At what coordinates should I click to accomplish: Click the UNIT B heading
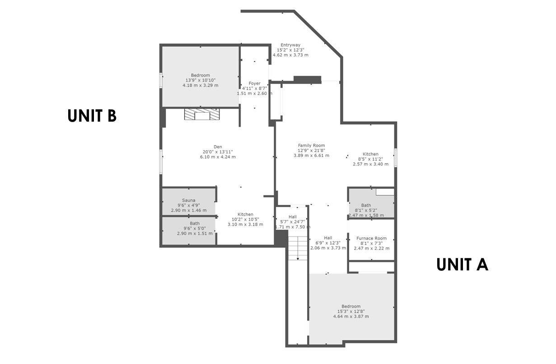coord(92,116)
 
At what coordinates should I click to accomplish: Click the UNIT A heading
coord(462,265)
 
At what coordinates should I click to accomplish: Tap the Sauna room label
coord(188,200)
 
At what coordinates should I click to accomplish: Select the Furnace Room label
coord(371,238)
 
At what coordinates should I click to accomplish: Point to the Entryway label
coord(290,45)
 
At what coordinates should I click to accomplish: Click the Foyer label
coord(254,84)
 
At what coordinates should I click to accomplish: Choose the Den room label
coord(218,147)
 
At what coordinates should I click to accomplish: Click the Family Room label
coord(311,146)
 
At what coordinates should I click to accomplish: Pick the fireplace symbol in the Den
coord(202,115)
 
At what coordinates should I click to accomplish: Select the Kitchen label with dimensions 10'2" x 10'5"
coord(245,214)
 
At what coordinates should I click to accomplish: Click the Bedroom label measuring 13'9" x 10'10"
coord(200,75)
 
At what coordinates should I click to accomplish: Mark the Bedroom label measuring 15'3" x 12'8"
coord(351,306)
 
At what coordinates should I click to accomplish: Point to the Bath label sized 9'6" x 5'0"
coord(195,223)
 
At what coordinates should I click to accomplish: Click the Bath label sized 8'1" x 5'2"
coord(366,205)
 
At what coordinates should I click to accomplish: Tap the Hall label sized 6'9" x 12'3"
coord(328,238)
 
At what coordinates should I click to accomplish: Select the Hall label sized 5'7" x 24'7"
coord(293,217)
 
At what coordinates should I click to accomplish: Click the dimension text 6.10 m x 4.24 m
coord(218,157)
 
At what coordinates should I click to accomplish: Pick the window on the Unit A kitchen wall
coord(395,156)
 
